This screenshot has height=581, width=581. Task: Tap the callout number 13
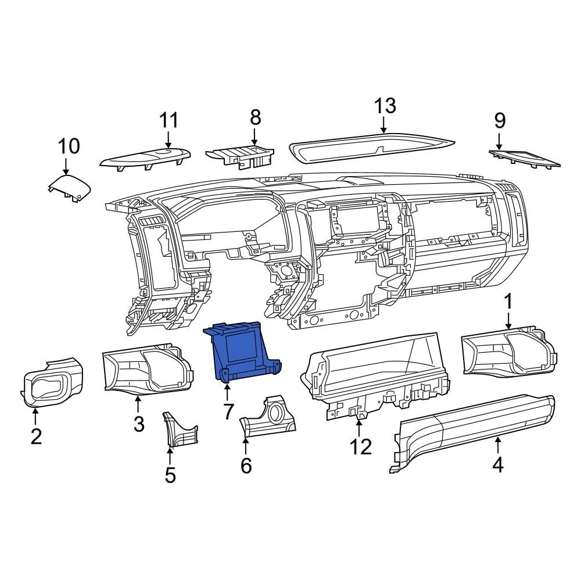(385, 106)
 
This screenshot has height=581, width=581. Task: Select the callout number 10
(68, 145)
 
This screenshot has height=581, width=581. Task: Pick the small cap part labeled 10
(70, 189)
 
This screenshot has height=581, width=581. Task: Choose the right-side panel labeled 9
(526, 157)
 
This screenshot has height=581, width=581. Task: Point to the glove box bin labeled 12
(372, 372)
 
